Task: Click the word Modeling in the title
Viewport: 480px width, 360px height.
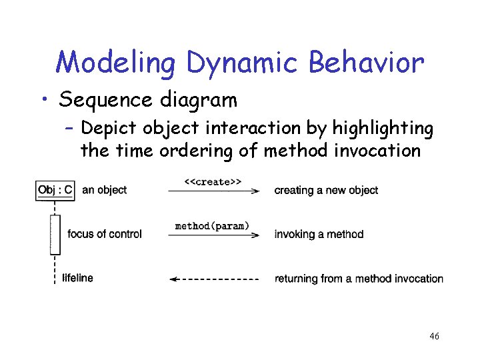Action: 115,63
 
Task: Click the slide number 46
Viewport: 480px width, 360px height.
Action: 434,337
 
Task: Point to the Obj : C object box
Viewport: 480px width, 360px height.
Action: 55,190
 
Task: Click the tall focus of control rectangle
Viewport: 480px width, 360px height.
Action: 55,234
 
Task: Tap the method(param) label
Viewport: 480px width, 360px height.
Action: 212,226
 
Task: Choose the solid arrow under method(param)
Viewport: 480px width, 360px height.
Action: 213,235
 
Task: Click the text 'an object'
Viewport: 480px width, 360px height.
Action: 104,190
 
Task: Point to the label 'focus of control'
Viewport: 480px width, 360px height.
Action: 105,234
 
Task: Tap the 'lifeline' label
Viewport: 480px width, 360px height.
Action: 77,278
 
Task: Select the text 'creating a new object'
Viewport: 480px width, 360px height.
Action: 326,191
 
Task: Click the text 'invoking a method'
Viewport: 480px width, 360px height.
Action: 319,234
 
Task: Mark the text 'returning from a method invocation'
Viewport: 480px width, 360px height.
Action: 359,279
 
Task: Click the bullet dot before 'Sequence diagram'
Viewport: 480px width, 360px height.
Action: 43,100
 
